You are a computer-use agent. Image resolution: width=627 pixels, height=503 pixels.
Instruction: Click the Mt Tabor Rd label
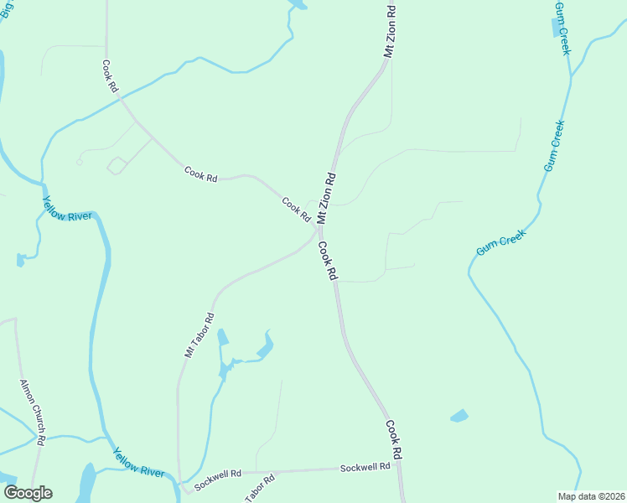199,336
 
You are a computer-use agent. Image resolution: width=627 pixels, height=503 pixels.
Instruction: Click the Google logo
28,493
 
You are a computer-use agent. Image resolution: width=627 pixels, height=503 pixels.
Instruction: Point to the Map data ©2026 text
591,496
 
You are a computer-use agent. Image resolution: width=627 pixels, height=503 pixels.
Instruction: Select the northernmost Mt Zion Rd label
390,31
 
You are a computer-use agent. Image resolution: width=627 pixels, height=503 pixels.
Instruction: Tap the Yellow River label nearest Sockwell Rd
138,462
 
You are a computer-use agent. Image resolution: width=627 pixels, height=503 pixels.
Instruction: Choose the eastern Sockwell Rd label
365,466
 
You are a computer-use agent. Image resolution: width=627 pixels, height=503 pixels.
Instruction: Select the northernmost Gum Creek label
562,29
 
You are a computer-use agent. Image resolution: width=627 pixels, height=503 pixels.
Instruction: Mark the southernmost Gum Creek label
500,243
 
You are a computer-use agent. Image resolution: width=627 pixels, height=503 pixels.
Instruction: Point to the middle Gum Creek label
555,147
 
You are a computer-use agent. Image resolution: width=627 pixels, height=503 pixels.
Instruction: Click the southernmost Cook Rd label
394,438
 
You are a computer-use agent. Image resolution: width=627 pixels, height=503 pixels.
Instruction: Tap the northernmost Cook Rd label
110,76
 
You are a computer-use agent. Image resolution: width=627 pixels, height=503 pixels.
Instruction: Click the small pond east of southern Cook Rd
459,416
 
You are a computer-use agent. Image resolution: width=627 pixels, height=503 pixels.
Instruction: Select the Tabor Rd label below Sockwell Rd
260,490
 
